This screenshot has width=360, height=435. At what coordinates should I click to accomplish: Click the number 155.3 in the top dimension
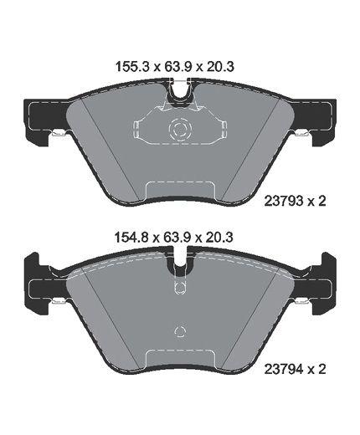pos(133,67)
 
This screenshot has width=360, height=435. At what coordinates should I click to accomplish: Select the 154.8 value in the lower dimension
pos(133,238)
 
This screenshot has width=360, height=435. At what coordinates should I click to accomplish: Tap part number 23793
pos(284,201)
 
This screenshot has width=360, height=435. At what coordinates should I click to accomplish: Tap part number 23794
pos(284,370)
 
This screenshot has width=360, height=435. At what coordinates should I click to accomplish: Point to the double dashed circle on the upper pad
pos(180,129)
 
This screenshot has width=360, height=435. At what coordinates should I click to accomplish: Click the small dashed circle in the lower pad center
pos(180,331)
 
